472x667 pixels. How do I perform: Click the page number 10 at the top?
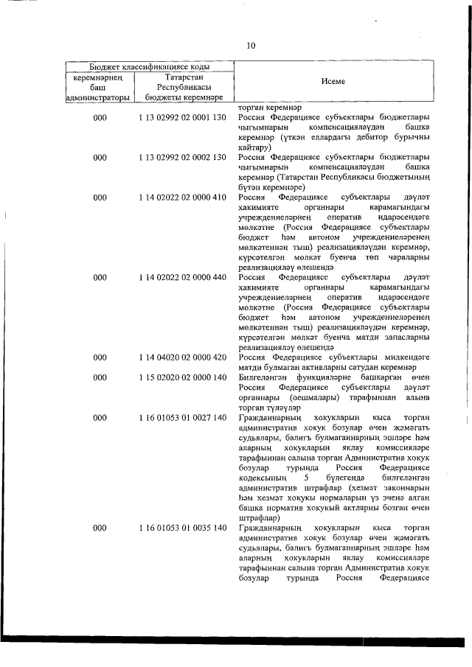[x=251, y=46]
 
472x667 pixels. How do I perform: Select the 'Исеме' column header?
[x=333, y=82]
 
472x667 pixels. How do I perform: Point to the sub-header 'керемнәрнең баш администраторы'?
[x=99, y=86]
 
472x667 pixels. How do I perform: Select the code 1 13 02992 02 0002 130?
[x=181, y=158]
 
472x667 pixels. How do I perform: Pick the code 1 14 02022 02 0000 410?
[x=181, y=198]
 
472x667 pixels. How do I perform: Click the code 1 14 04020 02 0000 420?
[x=181, y=357]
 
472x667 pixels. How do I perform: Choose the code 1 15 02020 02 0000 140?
[x=181, y=377]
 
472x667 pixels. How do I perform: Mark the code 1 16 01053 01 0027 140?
[x=181, y=418]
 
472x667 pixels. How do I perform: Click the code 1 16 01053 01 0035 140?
[x=181, y=529]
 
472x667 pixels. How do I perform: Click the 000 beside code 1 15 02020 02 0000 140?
[x=100, y=377]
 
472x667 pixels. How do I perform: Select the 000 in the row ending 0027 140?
[x=100, y=418]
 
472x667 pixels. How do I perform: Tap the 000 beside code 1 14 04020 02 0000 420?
[x=100, y=357]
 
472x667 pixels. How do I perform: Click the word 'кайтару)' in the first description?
[x=255, y=147]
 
